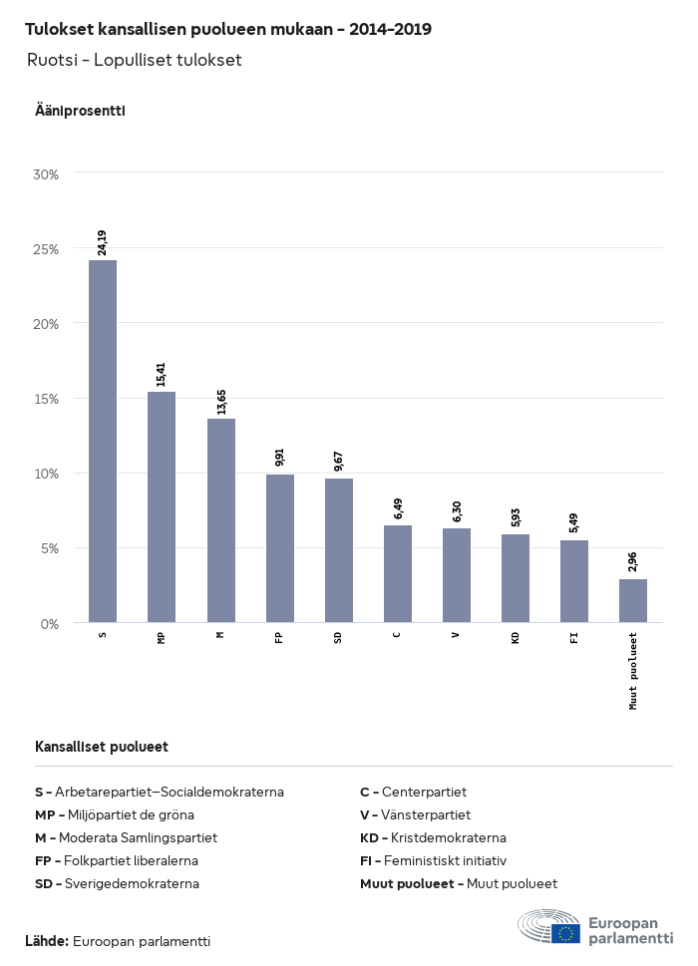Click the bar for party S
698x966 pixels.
(103, 442)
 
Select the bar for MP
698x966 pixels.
(162, 507)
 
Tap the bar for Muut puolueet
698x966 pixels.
(633, 601)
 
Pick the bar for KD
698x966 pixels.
(516, 578)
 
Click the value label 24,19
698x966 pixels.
(103, 243)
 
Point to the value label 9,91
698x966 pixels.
(280, 458)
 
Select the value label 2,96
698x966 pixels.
(633, 562)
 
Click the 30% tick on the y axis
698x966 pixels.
(47, 174)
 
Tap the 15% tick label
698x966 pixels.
(47, 399)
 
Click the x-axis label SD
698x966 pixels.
(339, 636)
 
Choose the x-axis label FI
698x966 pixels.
(574, 636)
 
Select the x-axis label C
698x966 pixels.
(398, 634)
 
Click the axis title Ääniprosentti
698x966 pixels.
(80, 111)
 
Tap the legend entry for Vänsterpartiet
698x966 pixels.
(416, 814)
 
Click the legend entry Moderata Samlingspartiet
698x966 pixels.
(126, 837)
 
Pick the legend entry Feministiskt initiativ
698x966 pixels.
(434, 860)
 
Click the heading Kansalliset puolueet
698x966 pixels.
(102, 747)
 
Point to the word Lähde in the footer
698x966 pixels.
(46, 941)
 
